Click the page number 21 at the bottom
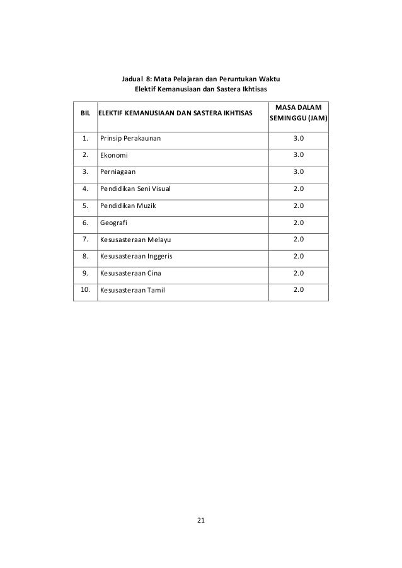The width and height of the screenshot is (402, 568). pyautogui.click(x=201, y=520)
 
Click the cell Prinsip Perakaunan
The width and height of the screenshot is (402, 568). pyautogui.click(x=131, y=137)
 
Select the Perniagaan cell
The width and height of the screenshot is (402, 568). pyautogui.click(x=117, y=171)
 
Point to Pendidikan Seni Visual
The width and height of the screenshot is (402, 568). pyautogui.click(x=135, y=188)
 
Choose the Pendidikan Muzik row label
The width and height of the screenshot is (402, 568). pyautogui.click(x=127, y=206)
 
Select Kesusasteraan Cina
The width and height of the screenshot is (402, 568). pyautogui.click(x=130, y=274)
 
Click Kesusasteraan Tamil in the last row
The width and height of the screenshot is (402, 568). pyautogui.click(x=131, y=291)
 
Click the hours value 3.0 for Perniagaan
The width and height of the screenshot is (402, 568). pyautogui.click(x=299, y=171)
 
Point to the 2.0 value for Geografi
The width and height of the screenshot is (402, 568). pyautogui.click(x=299, y=223)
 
